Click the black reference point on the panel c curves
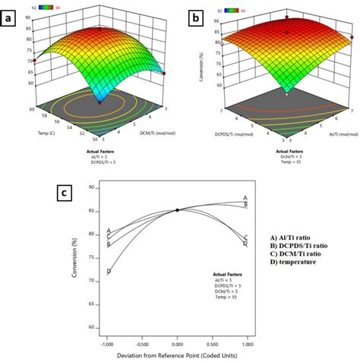(x=177, y=210)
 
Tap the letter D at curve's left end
(x=109, y=271)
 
